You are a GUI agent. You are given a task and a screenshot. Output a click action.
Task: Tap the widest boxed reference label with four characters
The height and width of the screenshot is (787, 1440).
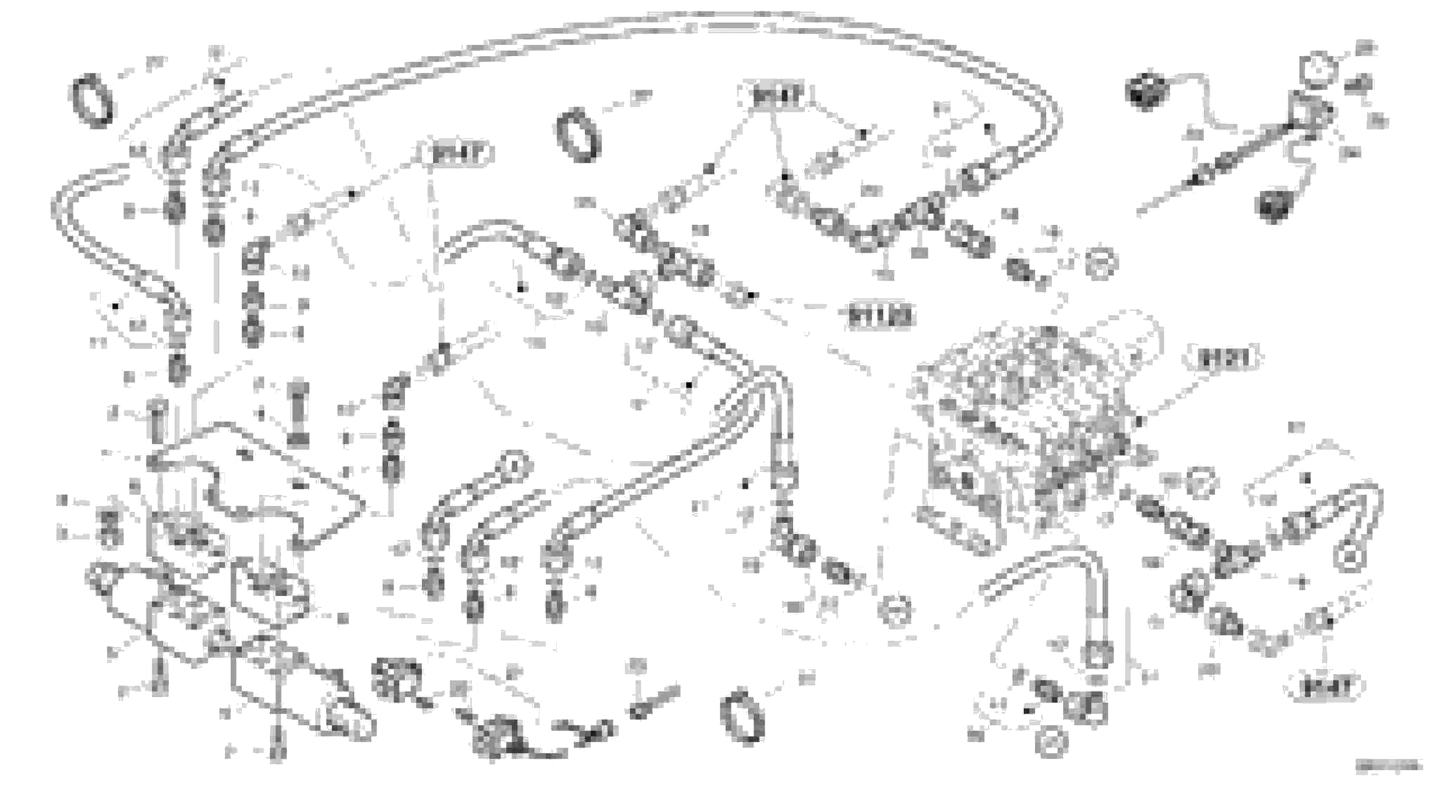coord(880,316)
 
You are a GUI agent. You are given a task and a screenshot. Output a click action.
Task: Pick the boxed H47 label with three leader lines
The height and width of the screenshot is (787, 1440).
coord(776,97)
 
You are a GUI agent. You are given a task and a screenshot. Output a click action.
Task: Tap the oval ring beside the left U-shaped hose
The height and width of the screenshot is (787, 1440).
coord(91,101)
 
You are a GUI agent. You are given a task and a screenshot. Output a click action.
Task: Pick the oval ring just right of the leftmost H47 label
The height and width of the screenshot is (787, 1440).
coord(579,134)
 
